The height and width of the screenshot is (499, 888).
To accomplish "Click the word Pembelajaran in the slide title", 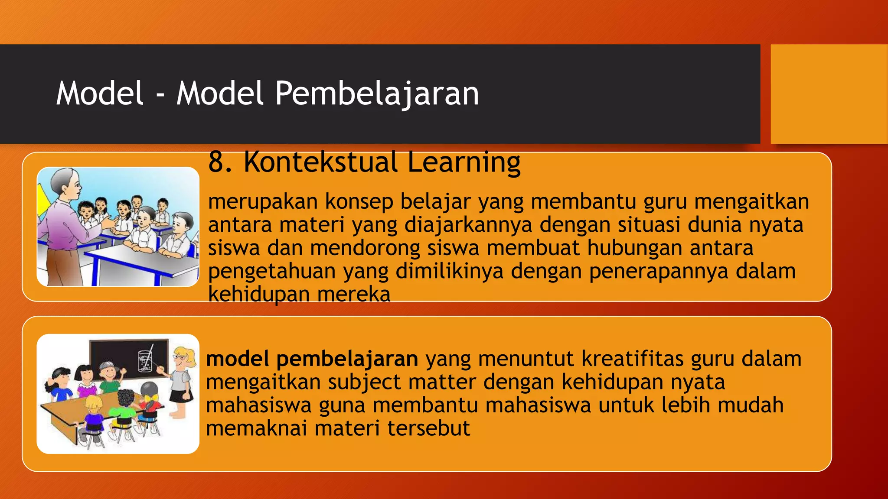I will pos(377,94).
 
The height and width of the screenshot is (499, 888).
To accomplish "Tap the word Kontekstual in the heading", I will pos(320,162).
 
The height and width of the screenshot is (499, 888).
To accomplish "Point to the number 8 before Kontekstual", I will pos(216,162).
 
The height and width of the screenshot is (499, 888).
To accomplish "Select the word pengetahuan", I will pos(272,272).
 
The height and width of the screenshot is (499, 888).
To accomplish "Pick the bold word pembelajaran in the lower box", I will pos(347,360).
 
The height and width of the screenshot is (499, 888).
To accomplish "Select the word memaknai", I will pos(256,428).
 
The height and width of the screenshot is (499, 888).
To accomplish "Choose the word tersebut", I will pos(428,428).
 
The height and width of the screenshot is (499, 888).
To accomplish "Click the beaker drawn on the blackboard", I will pos(145,361).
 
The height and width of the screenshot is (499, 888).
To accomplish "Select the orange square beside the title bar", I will pos(829,94).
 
